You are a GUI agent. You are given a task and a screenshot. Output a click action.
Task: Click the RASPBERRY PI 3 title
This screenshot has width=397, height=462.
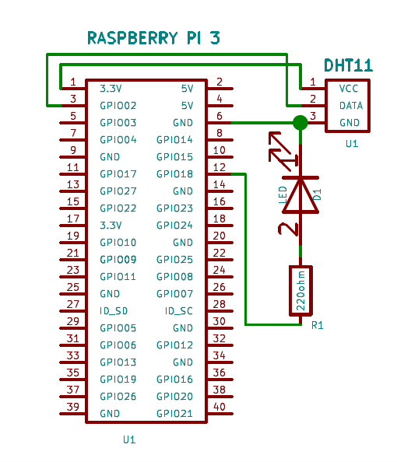pos(153,38)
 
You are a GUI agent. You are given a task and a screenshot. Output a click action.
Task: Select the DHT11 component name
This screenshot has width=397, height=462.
pos(348,67)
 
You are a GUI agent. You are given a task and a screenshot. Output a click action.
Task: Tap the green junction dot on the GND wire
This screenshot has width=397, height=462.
pos(300,122)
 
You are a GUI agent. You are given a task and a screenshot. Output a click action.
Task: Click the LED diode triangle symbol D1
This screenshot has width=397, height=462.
pos(300,194)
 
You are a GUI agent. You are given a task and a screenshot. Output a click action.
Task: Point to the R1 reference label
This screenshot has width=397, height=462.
pos(317,325)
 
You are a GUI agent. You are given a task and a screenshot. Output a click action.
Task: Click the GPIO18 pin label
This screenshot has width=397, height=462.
pos(174,174)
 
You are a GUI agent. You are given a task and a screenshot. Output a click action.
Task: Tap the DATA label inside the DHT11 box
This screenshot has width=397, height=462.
pos(350,105)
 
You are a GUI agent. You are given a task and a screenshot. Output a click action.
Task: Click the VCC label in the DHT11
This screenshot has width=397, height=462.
pos(350,89)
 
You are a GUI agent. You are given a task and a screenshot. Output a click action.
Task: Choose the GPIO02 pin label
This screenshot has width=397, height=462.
pos(118,105)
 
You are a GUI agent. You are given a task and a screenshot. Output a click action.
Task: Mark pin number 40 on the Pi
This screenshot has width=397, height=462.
pos(220,407)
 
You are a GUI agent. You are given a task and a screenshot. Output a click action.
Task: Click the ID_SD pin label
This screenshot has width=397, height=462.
pos(114,310)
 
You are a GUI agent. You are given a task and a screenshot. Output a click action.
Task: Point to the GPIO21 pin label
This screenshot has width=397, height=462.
pos(174,413)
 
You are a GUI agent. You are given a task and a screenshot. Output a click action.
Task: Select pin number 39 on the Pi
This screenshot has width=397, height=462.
pos(73,407)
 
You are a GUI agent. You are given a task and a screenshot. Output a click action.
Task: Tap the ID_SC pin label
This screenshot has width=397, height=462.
pos(179,310)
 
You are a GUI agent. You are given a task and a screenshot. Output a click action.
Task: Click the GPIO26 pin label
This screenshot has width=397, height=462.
pos(118,396)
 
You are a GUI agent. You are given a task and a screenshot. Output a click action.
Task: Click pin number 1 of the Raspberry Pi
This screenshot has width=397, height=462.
pos(73,82)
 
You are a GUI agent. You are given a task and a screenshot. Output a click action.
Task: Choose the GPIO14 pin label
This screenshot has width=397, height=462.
pos(174,140)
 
